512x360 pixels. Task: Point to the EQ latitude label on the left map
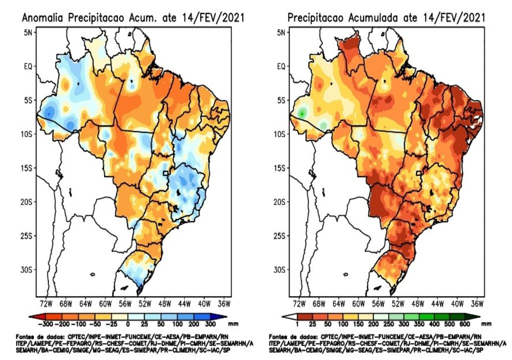tap(27, 66)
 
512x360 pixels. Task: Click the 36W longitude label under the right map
tap(477, 303)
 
